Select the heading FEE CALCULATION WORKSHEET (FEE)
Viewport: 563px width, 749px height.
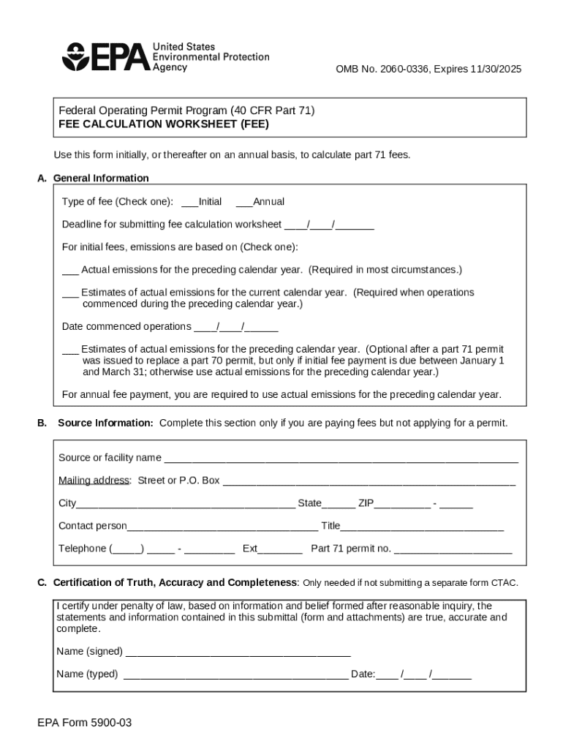click(164, 124)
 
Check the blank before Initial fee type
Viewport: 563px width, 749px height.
click(189, 202)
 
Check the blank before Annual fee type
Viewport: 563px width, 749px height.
click(244, 202)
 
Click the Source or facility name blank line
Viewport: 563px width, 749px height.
click(341, 459)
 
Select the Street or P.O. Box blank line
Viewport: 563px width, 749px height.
click(369, 481)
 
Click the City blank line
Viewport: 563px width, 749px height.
click(186, 504)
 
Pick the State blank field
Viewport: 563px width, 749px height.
click(339, 504)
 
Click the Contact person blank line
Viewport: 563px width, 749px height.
click(222, 527)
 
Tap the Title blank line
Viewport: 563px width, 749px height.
click(422, 527)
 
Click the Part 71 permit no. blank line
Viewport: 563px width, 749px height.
click(453, 549)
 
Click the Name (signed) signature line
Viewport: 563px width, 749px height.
click(238, 652)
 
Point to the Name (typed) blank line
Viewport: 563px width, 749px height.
click(235, 675)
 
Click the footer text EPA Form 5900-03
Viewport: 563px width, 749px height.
click(85, 723)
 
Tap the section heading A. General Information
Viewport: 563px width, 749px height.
click(93, 178)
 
